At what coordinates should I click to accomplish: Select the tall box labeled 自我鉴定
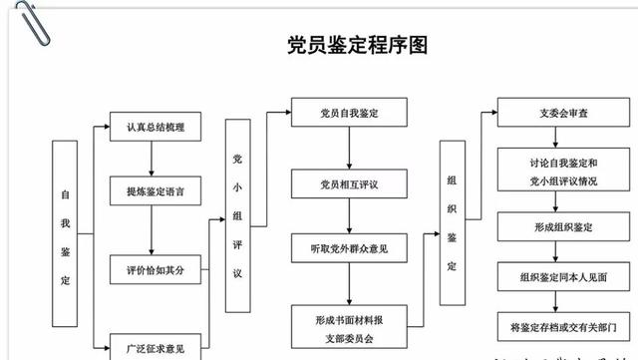65,234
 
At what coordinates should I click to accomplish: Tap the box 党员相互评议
349,184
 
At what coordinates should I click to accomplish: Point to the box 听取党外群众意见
349,246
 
